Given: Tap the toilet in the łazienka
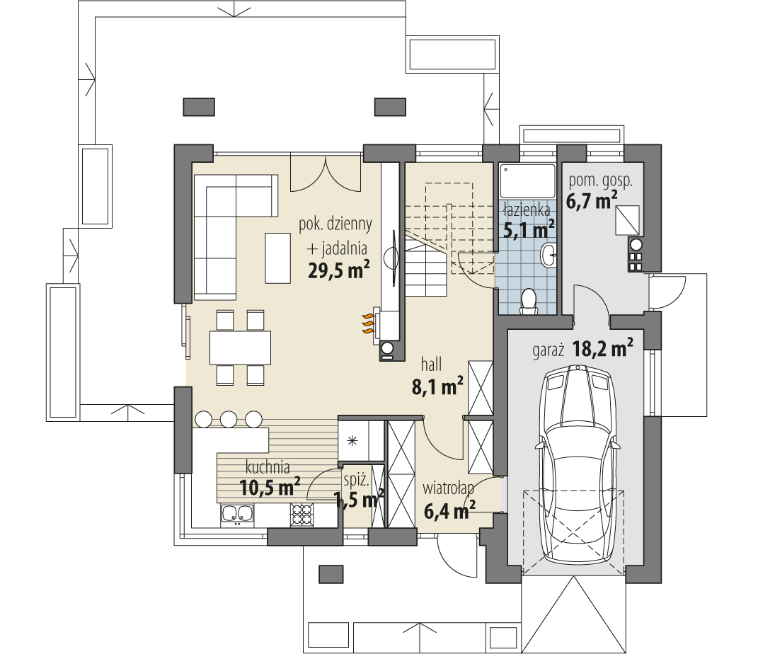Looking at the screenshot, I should click(x=529, y=300).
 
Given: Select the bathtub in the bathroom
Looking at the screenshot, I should click(x=527, y=181).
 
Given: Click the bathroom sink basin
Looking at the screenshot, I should click(x=549, y=256).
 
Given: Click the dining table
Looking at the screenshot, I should click(x=240, y=347).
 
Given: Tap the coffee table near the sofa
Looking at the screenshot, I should click(x=277, y=258).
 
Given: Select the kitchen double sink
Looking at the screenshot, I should click(x=237, y=515).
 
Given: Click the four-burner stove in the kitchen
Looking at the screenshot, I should click(x=302, y=515).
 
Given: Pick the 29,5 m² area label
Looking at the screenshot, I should click(x=339, y=270).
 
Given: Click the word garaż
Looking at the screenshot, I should click(x=548, y=350).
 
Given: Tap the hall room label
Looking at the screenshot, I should click(x=430, y=365).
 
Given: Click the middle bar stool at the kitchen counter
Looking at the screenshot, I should click(x=228, y=419).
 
